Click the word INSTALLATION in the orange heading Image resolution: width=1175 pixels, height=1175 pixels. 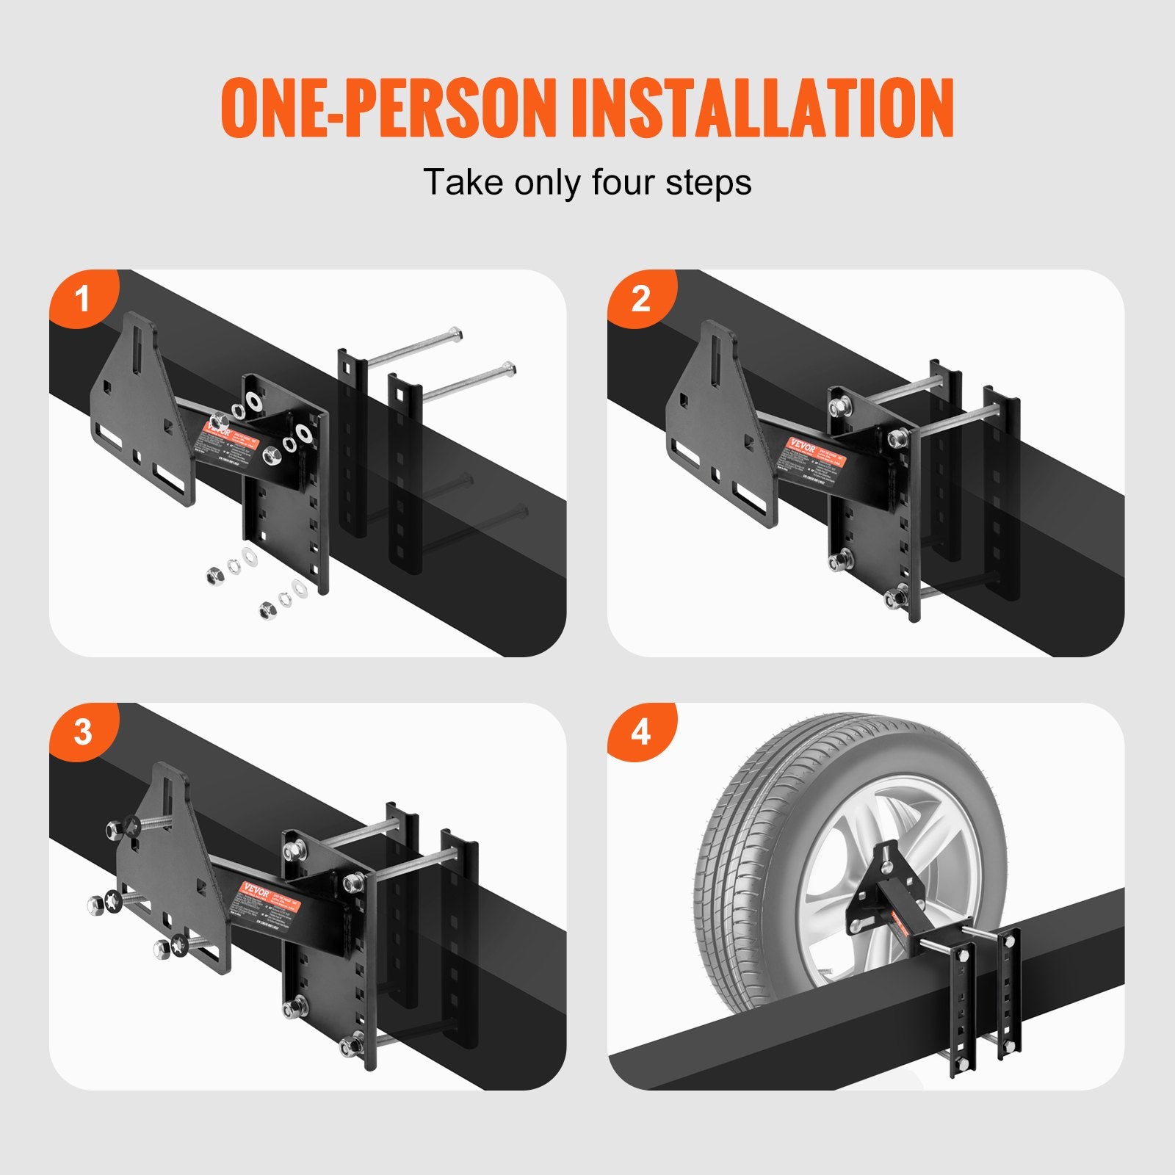(762, 108)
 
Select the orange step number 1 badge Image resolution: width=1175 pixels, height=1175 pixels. (82, 298)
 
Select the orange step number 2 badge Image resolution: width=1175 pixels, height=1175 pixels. (640, 298)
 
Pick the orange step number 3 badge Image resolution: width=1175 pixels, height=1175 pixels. (82, 732)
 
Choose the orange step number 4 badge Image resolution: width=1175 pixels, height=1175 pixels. (640, 732)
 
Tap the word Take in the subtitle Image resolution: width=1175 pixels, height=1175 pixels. (463, 182)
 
